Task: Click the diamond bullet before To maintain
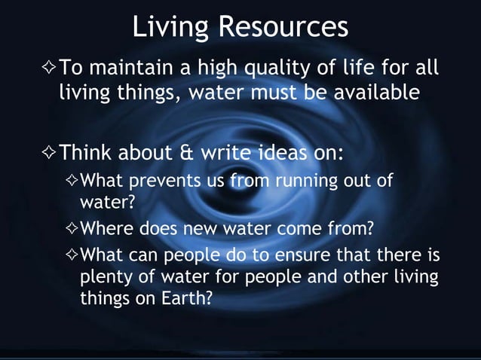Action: coord(47,72)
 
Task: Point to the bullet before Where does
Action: coord(72,228)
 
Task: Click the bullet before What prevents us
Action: coord(72,182)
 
